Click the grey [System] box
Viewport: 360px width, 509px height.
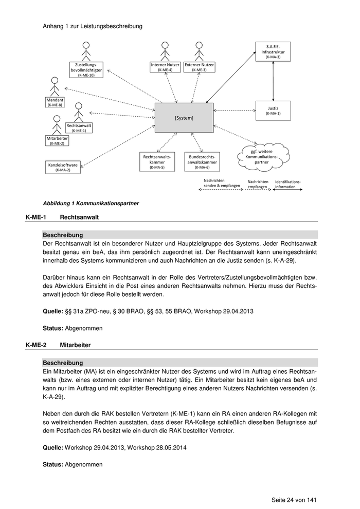[184, 118]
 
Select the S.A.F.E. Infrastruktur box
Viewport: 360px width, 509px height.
[273, 52]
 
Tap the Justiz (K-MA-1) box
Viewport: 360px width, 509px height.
[273, 111]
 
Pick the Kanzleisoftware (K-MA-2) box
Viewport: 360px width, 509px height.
[63, 167]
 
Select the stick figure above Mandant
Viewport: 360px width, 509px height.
[55, 86]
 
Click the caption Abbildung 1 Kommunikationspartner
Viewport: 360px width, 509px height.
[91, 203]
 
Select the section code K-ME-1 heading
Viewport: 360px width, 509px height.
[36, 217]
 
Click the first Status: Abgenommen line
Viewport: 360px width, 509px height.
[73, 328]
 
